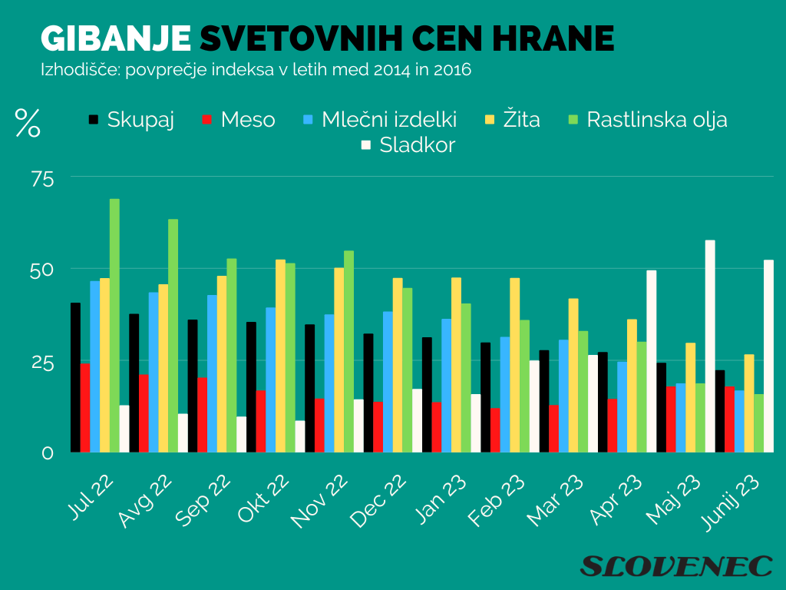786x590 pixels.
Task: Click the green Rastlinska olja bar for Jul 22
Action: (114, 326)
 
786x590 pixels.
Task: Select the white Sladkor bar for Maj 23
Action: (710, 346)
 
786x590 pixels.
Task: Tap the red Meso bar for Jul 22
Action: (85, 408)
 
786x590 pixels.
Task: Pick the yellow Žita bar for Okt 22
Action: (280, 356)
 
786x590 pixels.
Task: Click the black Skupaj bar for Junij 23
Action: (720, 411)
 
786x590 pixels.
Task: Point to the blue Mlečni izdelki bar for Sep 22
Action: (212, 373)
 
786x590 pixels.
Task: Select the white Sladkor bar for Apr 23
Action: (652, 361)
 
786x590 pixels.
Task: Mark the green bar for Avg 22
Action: (173, 336)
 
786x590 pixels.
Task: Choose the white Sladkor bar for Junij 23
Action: (768, 356)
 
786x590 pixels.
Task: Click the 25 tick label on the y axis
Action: (43, 362)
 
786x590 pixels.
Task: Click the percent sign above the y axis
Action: (28, 123)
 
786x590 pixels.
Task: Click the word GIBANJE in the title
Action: (115, 38)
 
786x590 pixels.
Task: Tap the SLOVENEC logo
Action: (675, 566)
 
